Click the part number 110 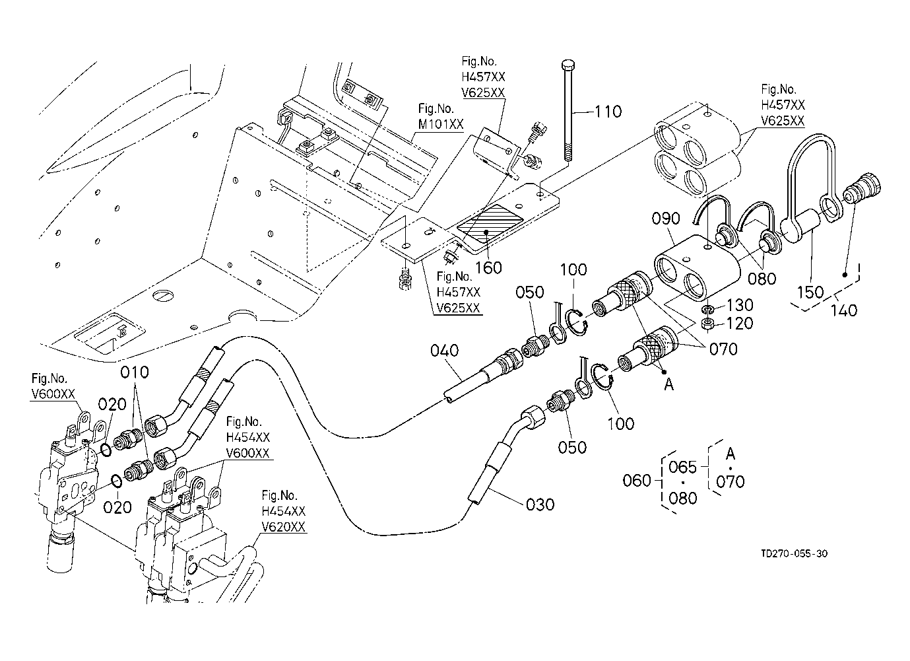[608, 112]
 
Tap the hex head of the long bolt [568, 65]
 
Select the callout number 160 [489, 268]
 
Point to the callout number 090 [666, 219]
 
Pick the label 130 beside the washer [740, 304]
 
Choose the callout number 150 [810, 292]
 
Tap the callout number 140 [844, 310]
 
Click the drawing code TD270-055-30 [795, 553]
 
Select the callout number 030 [540, 504]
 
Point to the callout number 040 [444, 351]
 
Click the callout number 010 [135, 372]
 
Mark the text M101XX [441, 124]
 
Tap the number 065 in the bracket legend [682, 467]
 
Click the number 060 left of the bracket [637, 481]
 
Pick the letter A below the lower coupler [668, 384]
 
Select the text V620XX [283, 527]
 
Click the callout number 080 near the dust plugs [762, 279]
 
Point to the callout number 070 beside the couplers [723, 349]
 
